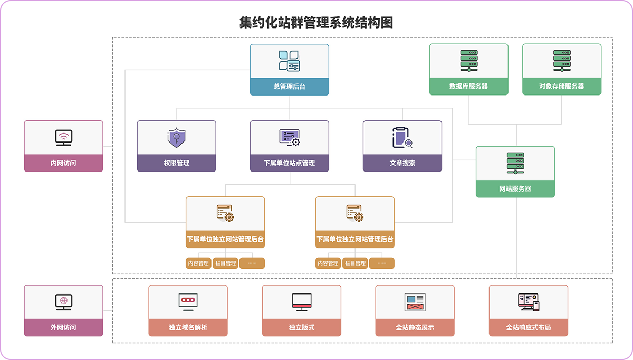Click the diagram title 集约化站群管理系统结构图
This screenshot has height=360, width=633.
316,23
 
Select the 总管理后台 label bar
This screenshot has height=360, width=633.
289,87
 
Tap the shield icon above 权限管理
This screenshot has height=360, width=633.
176,138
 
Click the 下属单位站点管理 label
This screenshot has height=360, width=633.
289,163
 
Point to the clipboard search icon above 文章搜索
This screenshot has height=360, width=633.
401,138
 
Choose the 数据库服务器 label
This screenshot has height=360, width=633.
468,87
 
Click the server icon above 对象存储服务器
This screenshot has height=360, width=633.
562,61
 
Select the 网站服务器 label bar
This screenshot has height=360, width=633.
515,188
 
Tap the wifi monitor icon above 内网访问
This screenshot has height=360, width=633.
63,138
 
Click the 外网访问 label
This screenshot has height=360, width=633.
63,327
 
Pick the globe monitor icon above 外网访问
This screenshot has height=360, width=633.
63,302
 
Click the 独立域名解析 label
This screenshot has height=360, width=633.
188,327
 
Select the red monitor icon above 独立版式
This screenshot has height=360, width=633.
302,302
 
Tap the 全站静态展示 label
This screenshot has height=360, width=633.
415,327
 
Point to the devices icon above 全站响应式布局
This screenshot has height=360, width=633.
529,302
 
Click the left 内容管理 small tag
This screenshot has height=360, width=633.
198,263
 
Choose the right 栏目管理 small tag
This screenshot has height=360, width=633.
354,263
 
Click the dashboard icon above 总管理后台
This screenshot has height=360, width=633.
289,61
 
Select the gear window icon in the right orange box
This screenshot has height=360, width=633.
354,213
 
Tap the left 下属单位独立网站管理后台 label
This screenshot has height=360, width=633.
225,239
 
